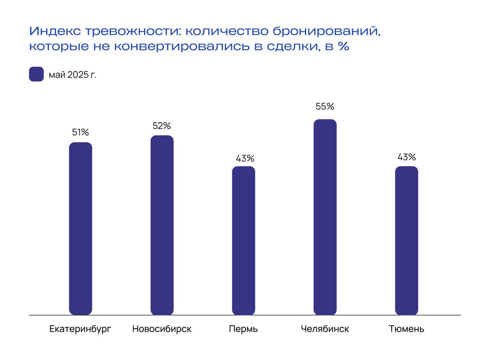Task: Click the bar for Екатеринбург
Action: [80, 229]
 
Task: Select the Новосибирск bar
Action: [162, 225]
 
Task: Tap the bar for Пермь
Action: [243, 241]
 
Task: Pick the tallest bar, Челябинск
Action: [325, 217]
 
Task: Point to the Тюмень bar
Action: [407, 241]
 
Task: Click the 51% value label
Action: [80, 133]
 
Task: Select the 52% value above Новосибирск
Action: [162, 126]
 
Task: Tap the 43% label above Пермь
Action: [245, 159]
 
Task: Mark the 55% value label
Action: [325, 107]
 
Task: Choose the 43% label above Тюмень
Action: [407, 157]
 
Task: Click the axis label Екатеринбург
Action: [80, 329]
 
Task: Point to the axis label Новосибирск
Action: [162, 329]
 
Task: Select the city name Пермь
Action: [243, 329]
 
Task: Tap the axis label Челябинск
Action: [325, 329]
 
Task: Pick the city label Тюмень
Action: [407, 329]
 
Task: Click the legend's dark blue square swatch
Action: [36, 74]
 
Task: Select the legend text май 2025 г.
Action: [72, 75]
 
